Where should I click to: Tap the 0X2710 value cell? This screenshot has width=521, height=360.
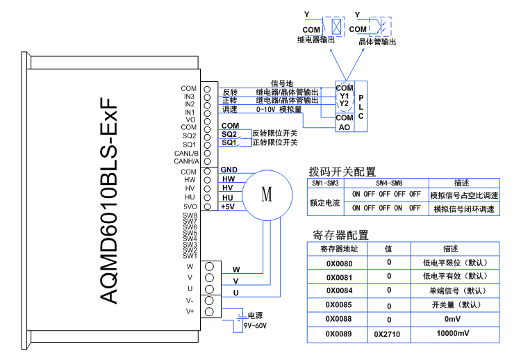coord(388,334)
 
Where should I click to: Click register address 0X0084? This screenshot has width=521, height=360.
coord(339,291)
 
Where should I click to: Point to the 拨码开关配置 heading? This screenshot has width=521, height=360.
coord(342,172)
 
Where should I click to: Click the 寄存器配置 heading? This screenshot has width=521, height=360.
coord(340,235)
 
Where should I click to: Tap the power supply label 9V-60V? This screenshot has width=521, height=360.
coord(255,325)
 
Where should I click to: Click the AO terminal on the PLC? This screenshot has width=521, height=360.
coord(345,127)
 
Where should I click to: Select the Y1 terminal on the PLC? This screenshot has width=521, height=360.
coord(345,96)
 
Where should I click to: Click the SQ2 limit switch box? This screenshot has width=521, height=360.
coord(229,133)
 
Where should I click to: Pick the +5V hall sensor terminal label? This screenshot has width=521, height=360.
coord(228,207)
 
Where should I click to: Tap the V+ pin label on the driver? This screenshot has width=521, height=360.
coord(190,311)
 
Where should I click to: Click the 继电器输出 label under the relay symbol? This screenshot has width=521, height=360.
coord(316,40)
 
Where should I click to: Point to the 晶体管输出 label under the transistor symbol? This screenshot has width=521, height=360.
coord(377,42)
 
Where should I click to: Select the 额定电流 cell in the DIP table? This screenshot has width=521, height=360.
coord(324,202)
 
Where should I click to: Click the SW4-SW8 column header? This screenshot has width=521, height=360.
coord(386,183)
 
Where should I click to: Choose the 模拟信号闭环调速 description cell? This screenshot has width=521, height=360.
coord(463,208)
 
